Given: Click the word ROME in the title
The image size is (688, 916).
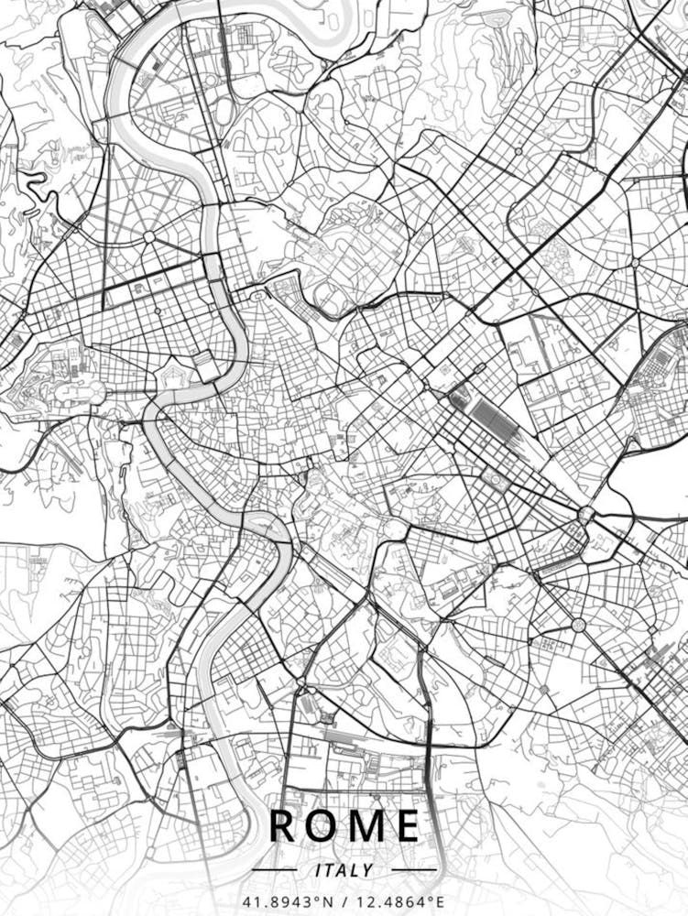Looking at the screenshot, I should [x=344, y=825].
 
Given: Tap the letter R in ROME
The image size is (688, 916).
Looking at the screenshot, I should [x=284, y=825].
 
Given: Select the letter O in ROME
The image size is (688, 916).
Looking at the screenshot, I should [x=324, y=825].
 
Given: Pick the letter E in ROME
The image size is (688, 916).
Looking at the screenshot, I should [x=407, y=825].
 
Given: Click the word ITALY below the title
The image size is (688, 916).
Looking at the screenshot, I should [x=344, y=870].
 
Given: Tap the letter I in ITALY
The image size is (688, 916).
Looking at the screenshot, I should [x=317, y=870].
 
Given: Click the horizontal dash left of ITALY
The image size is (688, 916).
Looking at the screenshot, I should [x=274, y=870].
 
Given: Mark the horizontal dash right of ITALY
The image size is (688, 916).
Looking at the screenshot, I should [x=414, y=870].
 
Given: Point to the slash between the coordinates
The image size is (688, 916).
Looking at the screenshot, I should [x=344, y=902].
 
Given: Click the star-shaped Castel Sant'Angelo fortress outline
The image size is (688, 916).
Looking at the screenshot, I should [x=172, y=379].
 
